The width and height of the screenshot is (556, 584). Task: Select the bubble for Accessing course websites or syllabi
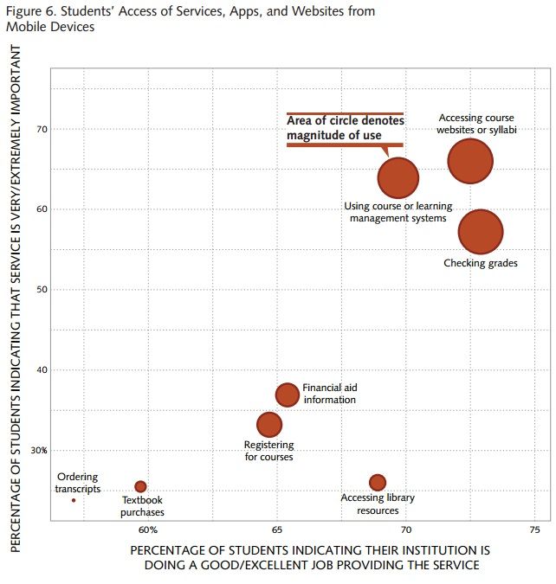tap(470, 161)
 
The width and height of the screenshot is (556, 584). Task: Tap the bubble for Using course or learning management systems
tap(398, 177)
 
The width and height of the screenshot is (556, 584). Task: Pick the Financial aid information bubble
tap(288, 395)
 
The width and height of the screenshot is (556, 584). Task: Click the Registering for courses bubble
tap(269, 425)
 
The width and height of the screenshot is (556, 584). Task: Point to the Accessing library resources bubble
tap(378, 483)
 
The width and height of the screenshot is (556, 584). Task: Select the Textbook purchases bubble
tap(140, 487)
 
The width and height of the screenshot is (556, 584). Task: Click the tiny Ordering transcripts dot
tap(74, 500)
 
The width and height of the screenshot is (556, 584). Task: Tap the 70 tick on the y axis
tap(42, 129)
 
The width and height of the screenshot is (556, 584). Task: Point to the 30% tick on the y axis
tap(38, 450)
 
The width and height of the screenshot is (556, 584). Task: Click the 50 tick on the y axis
tap(42, 289)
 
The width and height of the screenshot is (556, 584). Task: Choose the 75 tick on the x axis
tap(533, 529)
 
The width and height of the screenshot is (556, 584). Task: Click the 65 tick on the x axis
tap(277, 529)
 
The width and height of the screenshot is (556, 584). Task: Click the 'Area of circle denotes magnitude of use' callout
tap(345, 129)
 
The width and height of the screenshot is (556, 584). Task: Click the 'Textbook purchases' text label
tap(142, 506)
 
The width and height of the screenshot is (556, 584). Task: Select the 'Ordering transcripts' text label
tap(78, 483)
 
